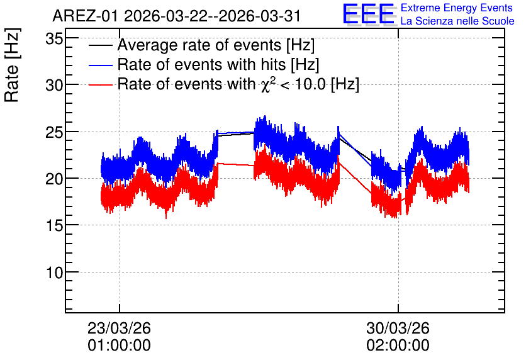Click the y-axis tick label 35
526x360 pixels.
point(54,39)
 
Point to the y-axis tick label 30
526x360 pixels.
point(54,86)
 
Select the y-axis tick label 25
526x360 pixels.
point(54,133)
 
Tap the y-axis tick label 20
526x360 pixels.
point(54,179)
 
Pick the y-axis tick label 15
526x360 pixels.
point(54,226)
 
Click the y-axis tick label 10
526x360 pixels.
point(54,273)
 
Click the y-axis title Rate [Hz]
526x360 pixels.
point(12,65)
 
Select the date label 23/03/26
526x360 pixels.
point(119,328)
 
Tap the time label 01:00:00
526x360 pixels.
point(119,346)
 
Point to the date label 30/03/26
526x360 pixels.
point(398,328)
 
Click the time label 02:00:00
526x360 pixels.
point(398,346)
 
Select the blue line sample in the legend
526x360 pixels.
point(100,65)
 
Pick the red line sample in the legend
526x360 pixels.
point(100,84)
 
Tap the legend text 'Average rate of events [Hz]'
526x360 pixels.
point(216,45)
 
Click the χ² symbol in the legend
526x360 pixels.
point(266,84)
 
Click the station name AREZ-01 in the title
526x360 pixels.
point(85,16)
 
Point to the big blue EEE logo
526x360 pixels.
point(369,14)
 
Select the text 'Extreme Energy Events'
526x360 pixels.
point(457,8)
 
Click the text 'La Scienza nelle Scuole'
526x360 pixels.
point(457,21)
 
